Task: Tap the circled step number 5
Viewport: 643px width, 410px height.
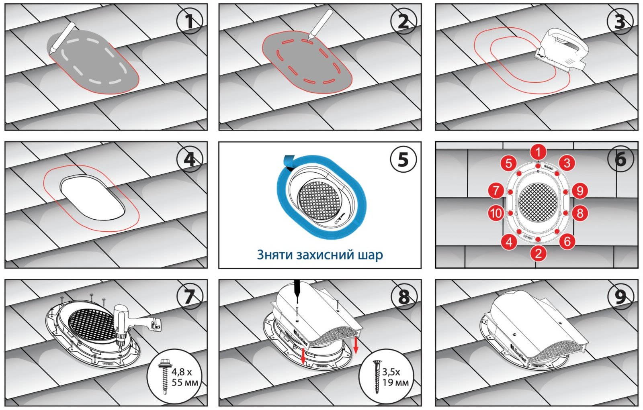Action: tap(403, 159)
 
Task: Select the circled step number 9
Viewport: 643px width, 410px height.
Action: tap(620, 297)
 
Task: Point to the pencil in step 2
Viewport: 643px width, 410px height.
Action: tap(320, 24)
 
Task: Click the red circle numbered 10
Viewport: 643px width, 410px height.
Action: tap(496, 213)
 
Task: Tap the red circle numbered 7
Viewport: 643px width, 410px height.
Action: tap(496, 190)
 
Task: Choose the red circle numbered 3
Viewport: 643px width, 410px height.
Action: tap(567, 163)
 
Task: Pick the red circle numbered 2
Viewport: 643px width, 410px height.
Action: tap(538, 253)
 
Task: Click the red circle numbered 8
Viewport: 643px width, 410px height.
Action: tap(580, 213)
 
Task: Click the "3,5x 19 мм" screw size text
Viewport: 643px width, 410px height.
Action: tap(395, 377)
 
